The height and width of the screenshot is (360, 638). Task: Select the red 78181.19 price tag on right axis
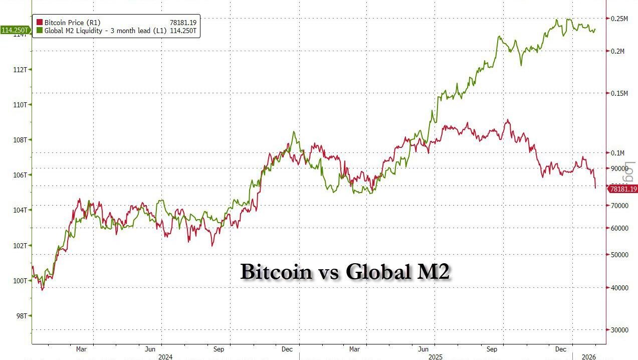(x=622, y=189)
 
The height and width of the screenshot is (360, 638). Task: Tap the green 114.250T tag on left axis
(x=14, y=31)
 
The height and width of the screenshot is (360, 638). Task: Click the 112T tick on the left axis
(x=20, y=69)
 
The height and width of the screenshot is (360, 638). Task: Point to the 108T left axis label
(x=20, y=140)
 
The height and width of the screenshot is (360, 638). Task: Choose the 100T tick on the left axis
(x=20, y=281)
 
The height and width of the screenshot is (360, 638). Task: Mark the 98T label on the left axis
(x=22, y=316)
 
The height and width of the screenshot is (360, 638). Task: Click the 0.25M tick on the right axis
(x=620, y=19)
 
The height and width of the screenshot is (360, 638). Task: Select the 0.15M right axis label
(x=620, y=93)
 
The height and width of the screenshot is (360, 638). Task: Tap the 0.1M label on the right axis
(x=618, y=153)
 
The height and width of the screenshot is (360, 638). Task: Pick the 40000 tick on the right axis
(x=620, y=288)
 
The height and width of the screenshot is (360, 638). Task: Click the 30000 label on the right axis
(x=620, y=330)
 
